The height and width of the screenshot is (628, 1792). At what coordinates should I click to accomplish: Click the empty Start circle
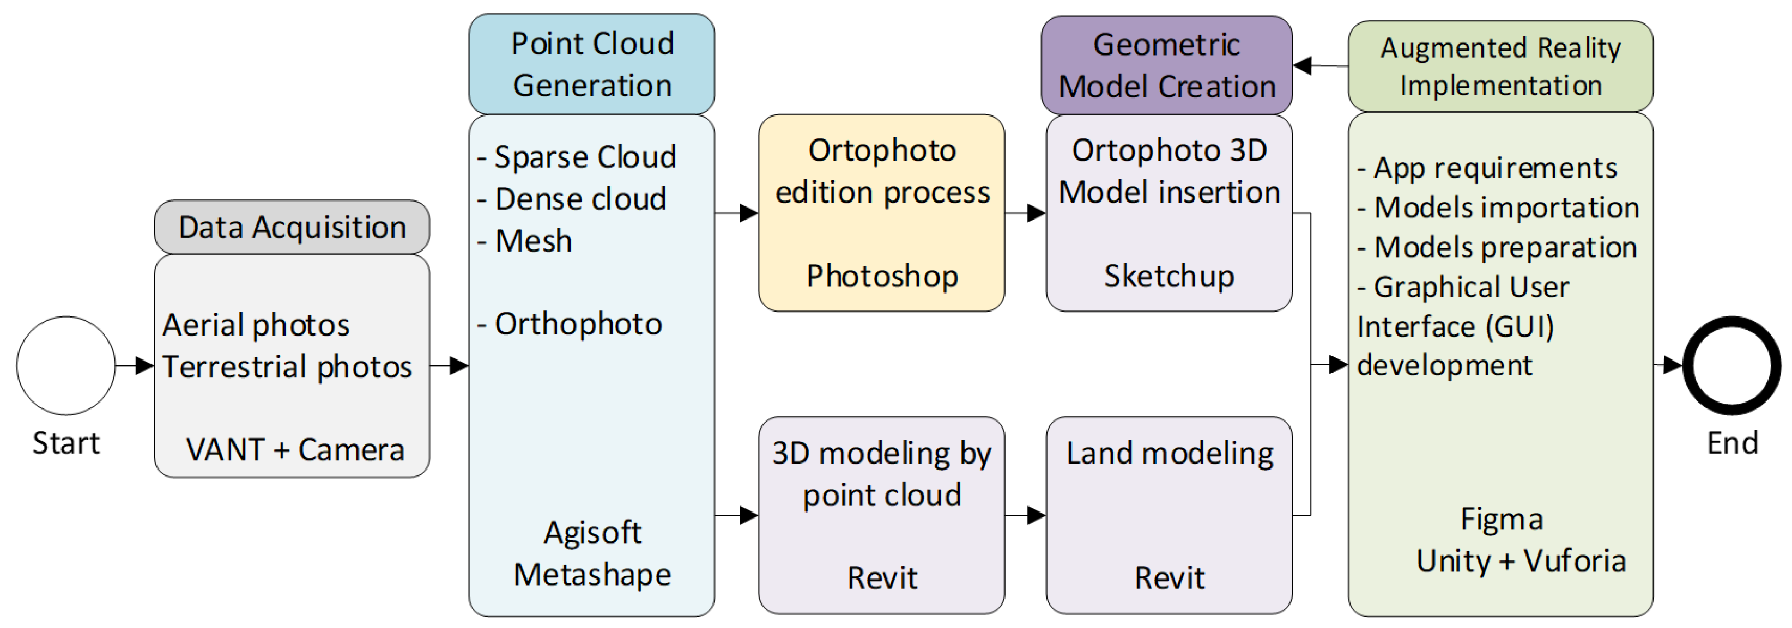[x=65, y=365]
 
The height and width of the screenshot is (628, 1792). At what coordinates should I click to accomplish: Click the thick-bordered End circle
[x=1732, y=365]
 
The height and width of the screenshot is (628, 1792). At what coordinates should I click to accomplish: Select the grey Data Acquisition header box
[x=292, y=227]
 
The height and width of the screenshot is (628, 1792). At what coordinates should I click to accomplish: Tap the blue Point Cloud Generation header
[x=591, y=64]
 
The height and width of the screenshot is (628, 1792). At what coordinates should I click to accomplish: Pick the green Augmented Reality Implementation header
[x=1500, y=66]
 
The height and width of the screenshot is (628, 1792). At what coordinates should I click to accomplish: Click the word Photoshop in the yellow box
[x=881, y=276]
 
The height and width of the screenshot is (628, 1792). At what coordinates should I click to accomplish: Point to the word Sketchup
[x=1169, y=276]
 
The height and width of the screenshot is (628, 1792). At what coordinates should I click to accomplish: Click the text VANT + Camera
[x=295, y=450]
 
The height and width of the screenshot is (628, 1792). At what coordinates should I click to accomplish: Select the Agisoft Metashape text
[x=592, y=553]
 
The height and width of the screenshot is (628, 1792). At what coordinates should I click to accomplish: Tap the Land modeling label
[x=1170, y=454]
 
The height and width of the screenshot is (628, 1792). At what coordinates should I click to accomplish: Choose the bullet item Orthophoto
[x=577, y=324]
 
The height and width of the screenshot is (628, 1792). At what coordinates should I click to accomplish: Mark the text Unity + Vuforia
[x=1521, y=560]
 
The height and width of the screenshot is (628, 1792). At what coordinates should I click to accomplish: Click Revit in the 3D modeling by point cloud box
[x=881, y=578]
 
